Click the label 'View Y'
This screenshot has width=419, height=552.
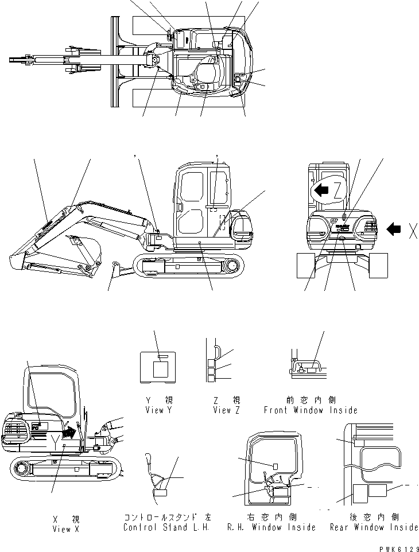point(158,410)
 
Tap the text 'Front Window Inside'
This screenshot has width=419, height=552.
point(310,410)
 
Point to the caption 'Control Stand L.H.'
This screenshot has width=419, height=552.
point(167,527)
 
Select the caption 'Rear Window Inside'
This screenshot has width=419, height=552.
point(374,527)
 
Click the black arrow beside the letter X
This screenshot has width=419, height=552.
point(395,230)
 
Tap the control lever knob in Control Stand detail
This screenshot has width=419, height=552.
point(150,458)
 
